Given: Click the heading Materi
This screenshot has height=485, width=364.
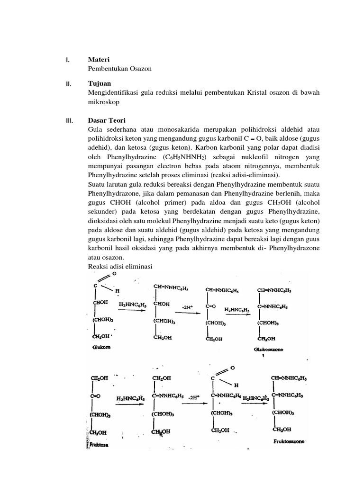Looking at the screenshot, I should pyautogui.click(x=99, y=60).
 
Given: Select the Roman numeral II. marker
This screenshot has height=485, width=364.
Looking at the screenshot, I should pyautogui.click(x=68, y=84).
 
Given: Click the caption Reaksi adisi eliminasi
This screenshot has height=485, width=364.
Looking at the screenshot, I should pyautogui.click(x=120, y=267).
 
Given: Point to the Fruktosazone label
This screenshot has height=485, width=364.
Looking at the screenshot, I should pyautogui.click(x=289, y=441).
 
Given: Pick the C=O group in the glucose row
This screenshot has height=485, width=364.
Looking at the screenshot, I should pyautogui.click(x=210, y=306).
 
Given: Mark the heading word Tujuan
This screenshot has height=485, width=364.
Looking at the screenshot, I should pyautogui.click(x=100, y=83).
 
